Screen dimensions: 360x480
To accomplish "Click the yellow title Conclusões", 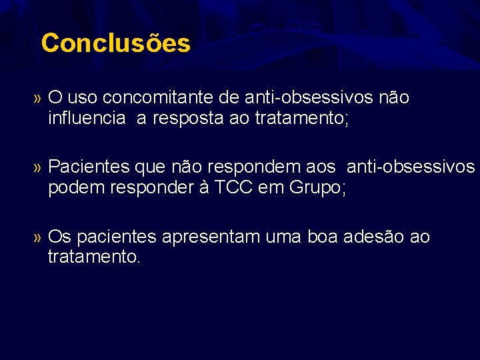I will (115, 43).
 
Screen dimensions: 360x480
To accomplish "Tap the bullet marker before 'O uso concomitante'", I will (37, 99).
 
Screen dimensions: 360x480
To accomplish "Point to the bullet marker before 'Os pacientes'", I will (37, 237).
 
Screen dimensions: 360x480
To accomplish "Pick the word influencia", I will (86, 119).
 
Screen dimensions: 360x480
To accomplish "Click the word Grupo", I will (316, 189).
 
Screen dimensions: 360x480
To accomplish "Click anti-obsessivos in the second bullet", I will (411, 167).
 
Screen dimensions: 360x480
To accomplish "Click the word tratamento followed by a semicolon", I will (301, 119).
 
